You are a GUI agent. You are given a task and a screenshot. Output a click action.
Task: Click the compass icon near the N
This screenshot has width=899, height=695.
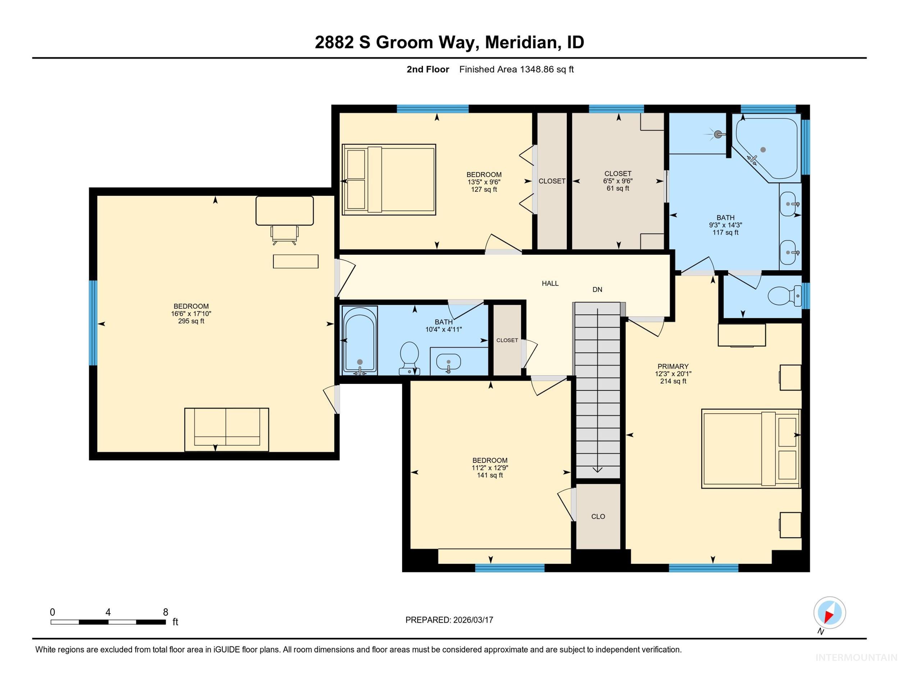tap(830, 613)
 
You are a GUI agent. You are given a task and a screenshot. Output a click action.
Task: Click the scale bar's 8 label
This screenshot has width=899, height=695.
tap(165, 612)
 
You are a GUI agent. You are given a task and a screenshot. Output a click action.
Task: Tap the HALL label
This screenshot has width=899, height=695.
tap(550, 283)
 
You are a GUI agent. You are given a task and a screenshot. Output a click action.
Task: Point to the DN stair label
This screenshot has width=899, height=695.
tap(597, 290)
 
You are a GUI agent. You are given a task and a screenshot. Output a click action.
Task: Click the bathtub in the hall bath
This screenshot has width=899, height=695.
tap(360, 340)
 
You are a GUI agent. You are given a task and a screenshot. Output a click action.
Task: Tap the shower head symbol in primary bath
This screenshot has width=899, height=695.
tap(718, 134)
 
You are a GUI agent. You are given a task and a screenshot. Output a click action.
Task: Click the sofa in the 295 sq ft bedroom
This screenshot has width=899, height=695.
tap(227, 429)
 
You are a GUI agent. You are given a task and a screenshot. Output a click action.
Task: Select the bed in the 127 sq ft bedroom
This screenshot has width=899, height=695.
tap(389, 180)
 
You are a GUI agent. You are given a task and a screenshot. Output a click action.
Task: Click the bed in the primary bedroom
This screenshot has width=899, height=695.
tap(751, 449)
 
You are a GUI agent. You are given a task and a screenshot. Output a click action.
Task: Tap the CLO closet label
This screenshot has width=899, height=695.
tap(598, 517)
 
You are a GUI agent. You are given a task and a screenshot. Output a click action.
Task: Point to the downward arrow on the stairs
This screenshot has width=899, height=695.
tap(597, 469)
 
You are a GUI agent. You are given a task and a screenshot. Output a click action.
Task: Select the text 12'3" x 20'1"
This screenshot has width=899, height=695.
tap(673, 374)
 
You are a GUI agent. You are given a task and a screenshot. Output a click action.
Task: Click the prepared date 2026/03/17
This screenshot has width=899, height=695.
tap(473, 620)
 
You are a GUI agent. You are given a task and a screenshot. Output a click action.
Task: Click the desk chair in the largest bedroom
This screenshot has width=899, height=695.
tap(284, 235)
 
